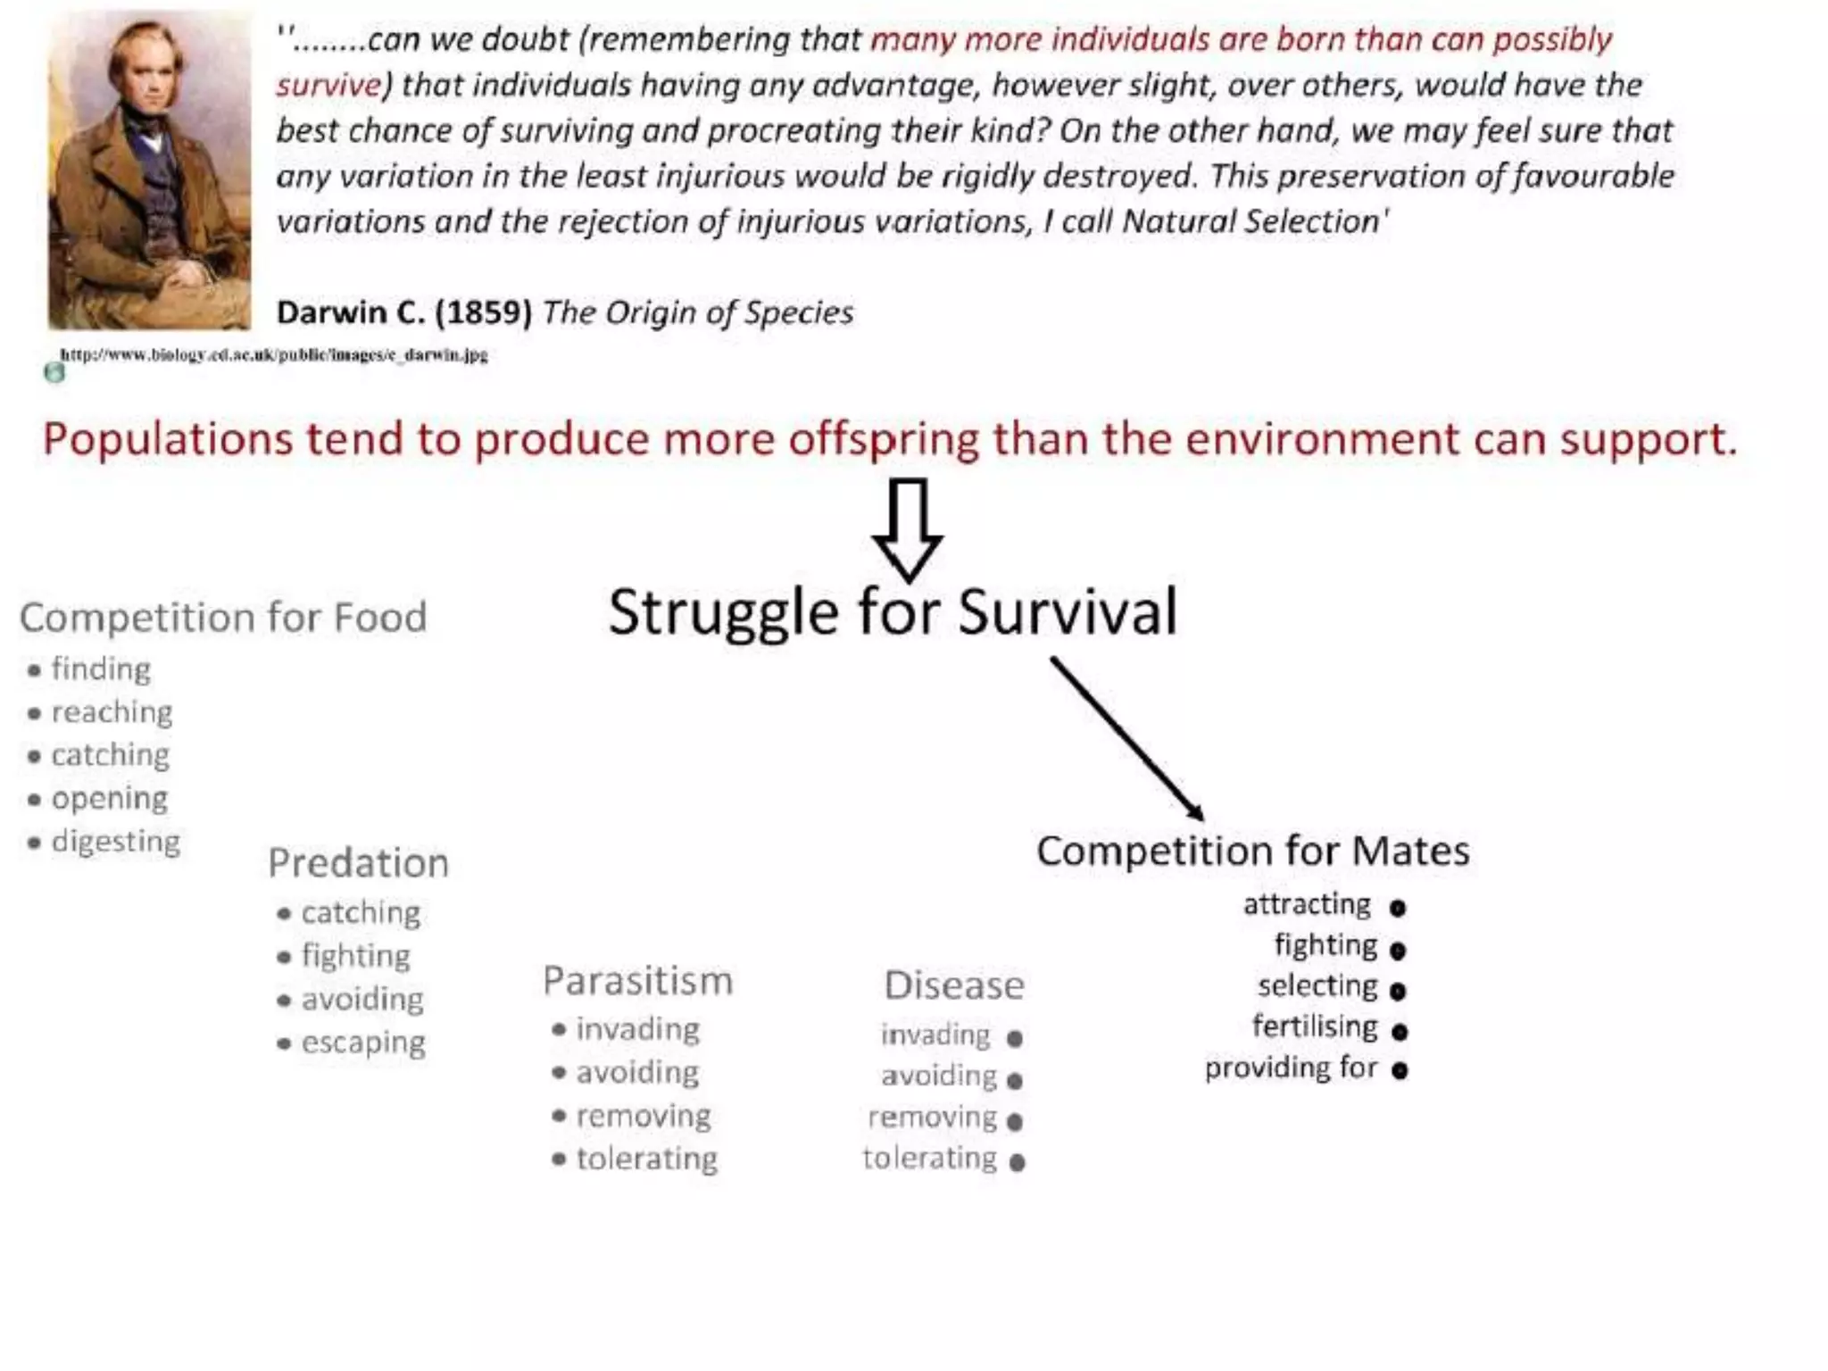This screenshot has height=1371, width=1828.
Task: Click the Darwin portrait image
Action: coord(149,170)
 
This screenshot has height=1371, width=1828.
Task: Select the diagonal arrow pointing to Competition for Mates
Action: coord(1127,738)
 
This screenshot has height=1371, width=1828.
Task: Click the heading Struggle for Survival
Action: coord(893,613)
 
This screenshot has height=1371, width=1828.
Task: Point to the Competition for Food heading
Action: coord(223,618)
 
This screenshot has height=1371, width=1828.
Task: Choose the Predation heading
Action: coord(358,863)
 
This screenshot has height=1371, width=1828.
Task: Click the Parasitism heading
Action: coord(637,981)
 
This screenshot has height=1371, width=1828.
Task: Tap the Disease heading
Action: coord(953,985)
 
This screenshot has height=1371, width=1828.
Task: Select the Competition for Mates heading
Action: coord(1252,851)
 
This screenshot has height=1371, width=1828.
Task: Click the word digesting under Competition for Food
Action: coord(116,842)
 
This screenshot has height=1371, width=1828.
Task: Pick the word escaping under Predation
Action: coord(363,1043)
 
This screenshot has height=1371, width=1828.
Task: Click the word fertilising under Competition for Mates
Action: coord(1315,1026)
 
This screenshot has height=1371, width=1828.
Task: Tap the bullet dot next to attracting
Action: coord(1398,908)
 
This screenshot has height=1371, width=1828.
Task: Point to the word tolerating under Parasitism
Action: coord(646,1159)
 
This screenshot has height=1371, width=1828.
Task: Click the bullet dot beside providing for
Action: coord(1400,1069)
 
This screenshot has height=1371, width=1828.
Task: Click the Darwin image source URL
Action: coord(274,354)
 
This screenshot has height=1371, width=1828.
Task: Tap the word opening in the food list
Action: coord(109,799)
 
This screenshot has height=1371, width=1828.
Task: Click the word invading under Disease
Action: coord(935,1035)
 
